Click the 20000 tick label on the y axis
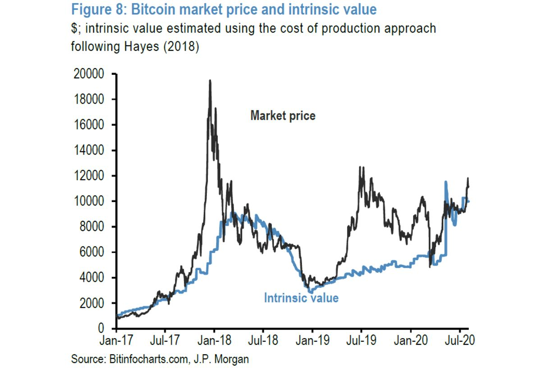[x=92, y=74]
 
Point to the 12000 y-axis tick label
[x=92, y=176]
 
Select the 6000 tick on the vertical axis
[x=94, y=252]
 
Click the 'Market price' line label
[x=283, y=116]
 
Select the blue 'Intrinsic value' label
[x=301, y=298]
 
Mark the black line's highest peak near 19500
[x=210, y=81]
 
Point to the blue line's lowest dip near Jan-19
[x=310, y=292]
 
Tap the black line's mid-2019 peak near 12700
[x=360, y=167]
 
